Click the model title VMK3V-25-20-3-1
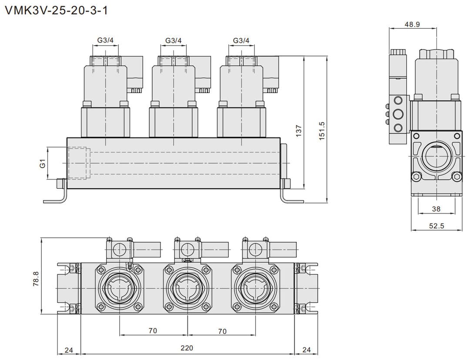[56, 10]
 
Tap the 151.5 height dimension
[322, 130]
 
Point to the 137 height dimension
[299, 130]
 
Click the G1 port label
[43, 163]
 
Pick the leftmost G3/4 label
[105, 40]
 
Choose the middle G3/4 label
[173, 40]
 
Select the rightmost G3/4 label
[241, 40]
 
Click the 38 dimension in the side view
[436, 209]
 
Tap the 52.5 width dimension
[436, 226]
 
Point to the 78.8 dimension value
[36, 279]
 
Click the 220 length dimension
[187, 348]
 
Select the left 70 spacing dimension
[152, 331]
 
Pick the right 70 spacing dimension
[222, 331]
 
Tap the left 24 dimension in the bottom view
[69, 349]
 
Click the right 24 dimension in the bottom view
[306, 349]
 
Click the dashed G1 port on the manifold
[79, 163]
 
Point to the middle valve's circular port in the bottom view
[187, 288]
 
